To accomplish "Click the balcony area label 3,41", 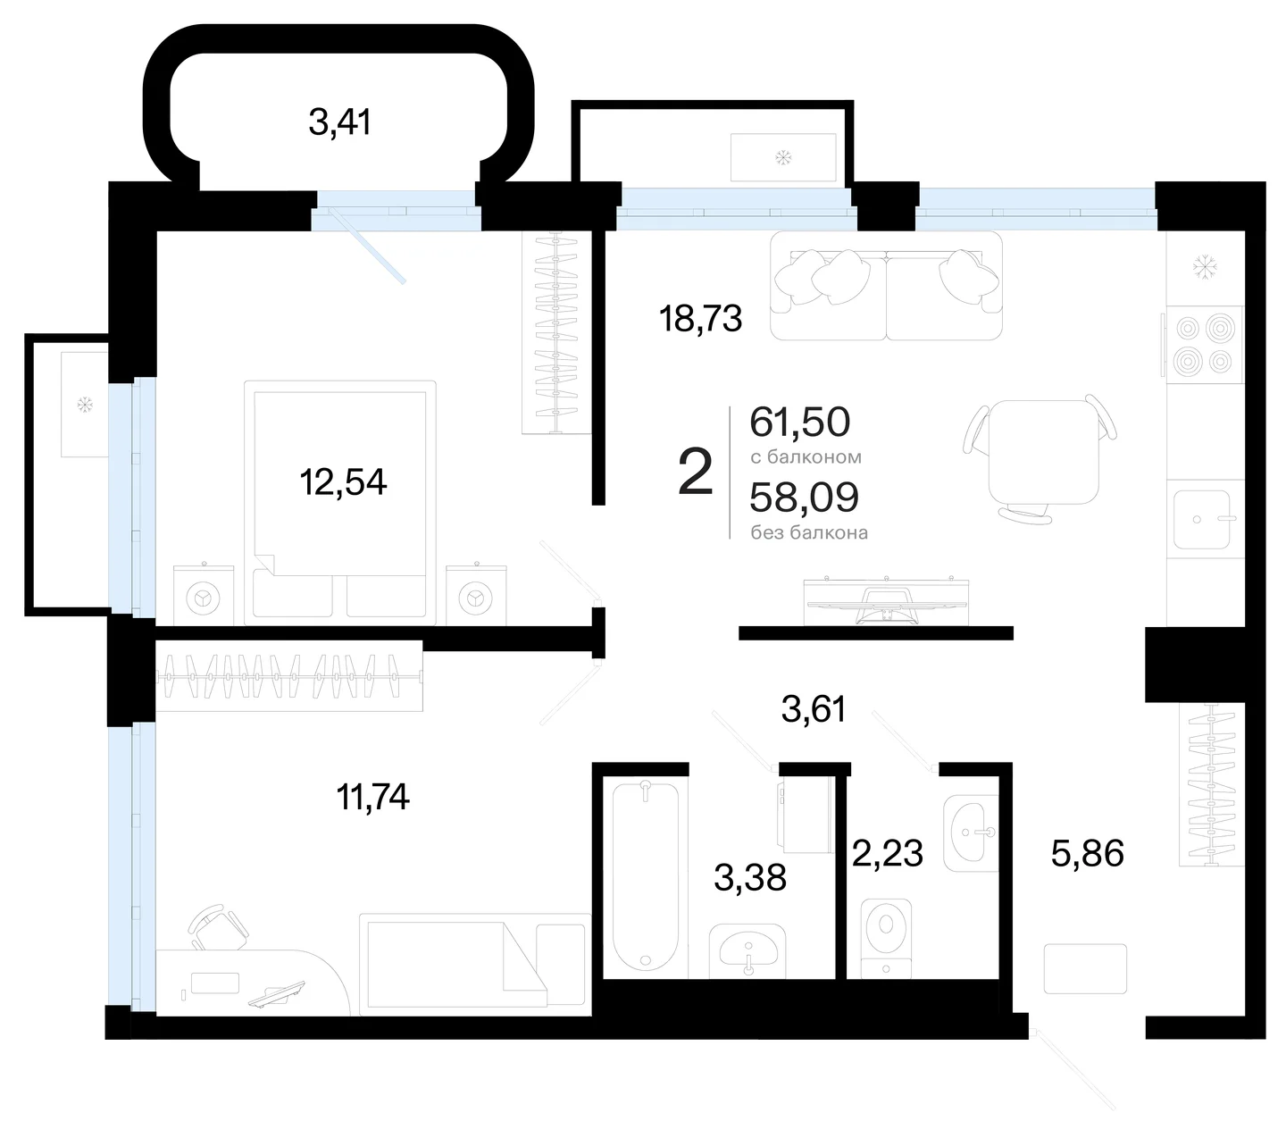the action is [x=339, y=121].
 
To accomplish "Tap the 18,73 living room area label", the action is [x=700, y=318].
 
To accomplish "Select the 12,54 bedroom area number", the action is [x=343, y=482].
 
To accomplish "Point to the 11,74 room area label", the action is [x=372, y=797].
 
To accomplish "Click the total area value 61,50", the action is [x=800, y=422].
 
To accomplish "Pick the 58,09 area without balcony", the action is [x=805, y=497].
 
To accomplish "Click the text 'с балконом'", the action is [x=806, y=457].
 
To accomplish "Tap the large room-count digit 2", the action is [x=696, y=472].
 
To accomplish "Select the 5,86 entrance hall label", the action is [x=1088, y=853].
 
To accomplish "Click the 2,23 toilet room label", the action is [x=888, y=853].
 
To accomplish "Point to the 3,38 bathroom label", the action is [x=750, y=877].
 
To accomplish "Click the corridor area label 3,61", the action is [x=814, y=708].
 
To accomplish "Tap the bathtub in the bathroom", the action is [x=646, y=877].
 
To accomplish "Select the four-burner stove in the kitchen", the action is [x=1204, y=346].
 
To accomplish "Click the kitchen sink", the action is [x=1201, y=520].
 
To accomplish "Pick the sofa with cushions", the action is [x=886, y=286].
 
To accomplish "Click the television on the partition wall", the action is [x=886, y=601].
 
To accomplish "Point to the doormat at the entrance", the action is [x=1085, y=968].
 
